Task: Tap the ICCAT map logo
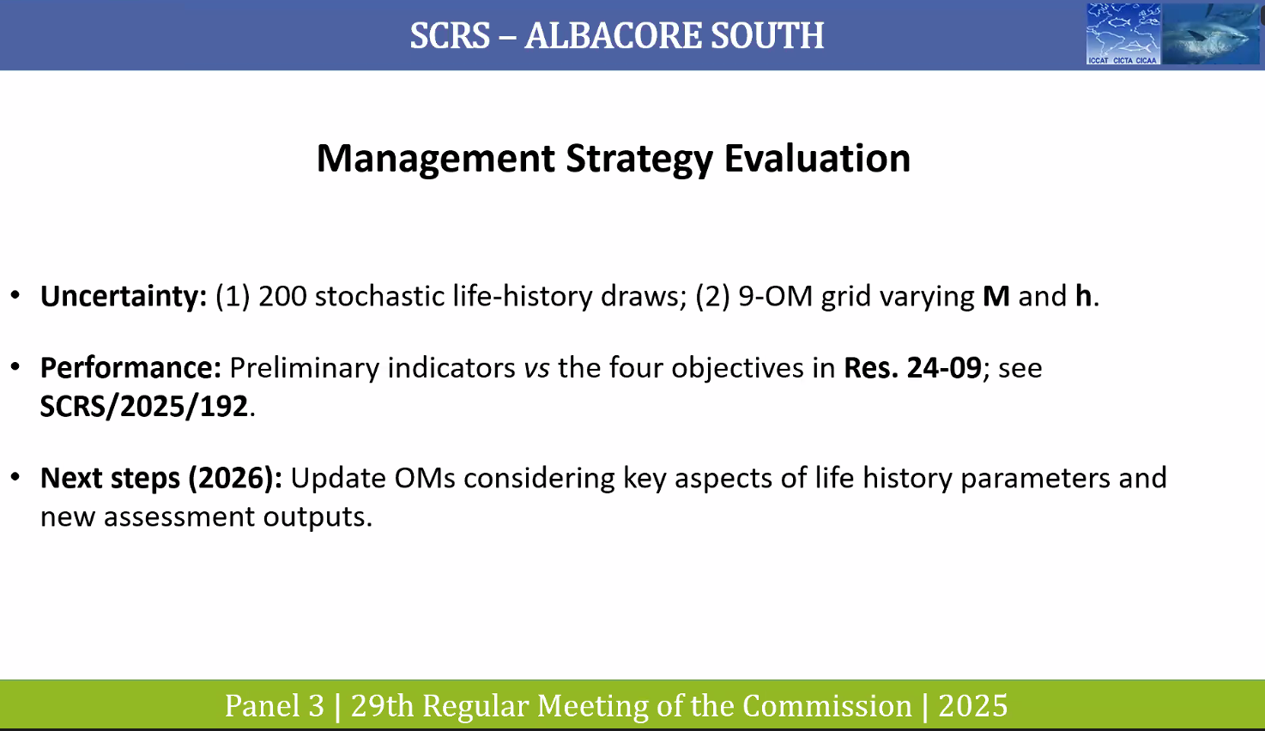point(1123,33)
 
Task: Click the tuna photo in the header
point(1211,33)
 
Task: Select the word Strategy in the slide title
point(639,160)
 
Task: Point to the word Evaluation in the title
point(817,158)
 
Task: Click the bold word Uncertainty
point(124,296)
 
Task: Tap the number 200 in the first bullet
point(282,296)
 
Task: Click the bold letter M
point(996,296)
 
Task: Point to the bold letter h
point(1083,295)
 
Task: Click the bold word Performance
point(130,367)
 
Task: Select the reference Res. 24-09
point(912,367)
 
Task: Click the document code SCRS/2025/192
point(144,407)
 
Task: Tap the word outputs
point(318,517)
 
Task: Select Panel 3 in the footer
point(275,706)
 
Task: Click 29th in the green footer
point(382,705)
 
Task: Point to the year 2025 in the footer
point(973,706)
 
